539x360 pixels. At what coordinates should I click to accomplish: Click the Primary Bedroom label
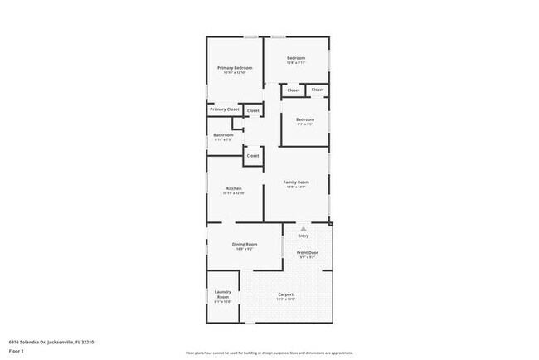tap(235, 67)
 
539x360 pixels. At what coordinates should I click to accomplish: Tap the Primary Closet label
tap(224, 109)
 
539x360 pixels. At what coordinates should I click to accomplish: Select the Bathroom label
tap(223, 135)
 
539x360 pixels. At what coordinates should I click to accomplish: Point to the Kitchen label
tap(234, 188)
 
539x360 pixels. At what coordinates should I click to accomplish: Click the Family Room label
tap(296, 182)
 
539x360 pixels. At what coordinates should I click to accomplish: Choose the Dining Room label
tap(245, 244)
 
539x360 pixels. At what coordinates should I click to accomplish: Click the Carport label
tap(286, 294)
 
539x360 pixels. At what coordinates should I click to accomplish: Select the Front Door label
tap(308, 251)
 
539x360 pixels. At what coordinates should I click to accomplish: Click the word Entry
tap(303, 236)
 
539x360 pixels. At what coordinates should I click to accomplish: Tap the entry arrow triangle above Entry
tap(303, 227)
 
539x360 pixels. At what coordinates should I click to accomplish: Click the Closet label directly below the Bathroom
tap(253, 155)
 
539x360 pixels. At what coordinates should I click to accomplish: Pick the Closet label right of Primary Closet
tap(253, 110)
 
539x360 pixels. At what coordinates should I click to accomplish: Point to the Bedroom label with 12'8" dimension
tap(297, 58)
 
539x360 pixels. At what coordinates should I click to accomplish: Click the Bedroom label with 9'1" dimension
tap(305, 119)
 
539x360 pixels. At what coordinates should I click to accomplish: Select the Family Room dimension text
tap(296, 187)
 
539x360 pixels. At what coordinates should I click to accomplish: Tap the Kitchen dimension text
tap(234, 193)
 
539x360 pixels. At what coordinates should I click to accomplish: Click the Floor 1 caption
tap(16, 349)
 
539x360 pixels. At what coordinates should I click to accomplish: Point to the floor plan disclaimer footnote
tap(269, 353)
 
